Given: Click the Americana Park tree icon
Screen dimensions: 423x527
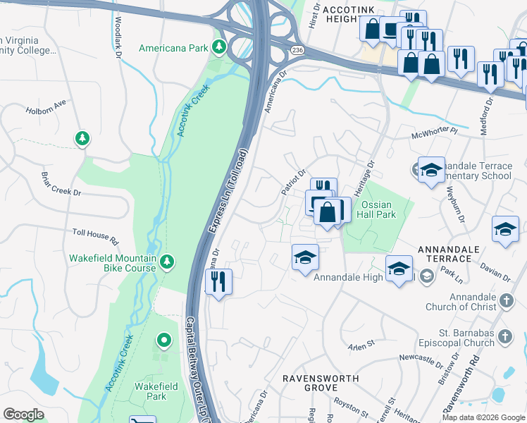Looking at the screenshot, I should (219, 48).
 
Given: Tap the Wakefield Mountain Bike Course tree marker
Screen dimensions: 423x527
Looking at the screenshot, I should (167, 263).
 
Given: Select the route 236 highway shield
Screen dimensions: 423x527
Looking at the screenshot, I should (297, 49).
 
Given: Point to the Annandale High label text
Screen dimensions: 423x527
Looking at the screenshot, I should (348, 277).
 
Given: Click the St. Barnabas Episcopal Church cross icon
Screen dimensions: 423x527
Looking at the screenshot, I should (504, 338).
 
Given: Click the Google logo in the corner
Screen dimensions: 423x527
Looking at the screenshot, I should (23, 415).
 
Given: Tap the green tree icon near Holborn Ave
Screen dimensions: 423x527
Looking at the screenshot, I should (83, 137).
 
